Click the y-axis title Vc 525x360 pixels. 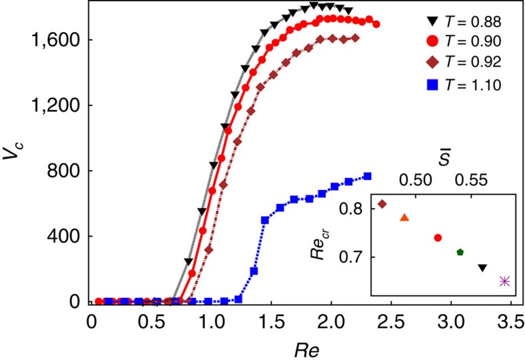(x=14, y=163)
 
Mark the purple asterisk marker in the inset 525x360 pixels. (x=505, y=281)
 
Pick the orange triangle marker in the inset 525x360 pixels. (x=404, y=217)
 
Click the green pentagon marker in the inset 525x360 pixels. (x=460, y=252)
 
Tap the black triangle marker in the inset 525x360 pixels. (x=482, y=267)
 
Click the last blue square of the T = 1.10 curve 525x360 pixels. (x=367, y=176)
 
